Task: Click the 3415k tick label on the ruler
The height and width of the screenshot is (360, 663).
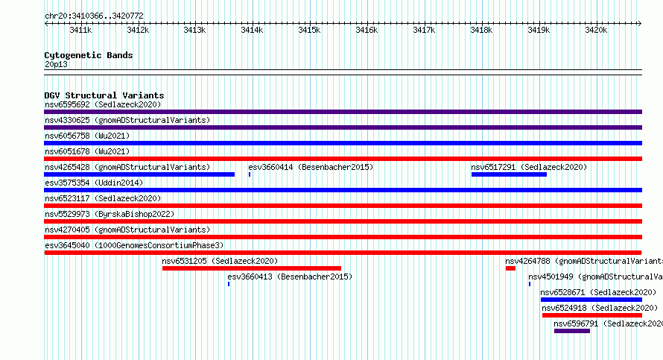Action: coord(309,30)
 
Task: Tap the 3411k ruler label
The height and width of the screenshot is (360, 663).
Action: coord(80,30)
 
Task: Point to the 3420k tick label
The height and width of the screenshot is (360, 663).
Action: coord(596,30)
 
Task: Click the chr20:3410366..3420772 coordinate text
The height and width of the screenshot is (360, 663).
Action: coord(94,16)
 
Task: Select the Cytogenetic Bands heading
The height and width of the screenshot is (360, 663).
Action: coord(89,55)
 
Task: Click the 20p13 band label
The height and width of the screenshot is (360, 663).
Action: coord(56,64)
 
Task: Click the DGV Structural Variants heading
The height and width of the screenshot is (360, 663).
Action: coord(104,95)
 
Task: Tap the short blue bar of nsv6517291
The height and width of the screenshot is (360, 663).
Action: coord(509,174)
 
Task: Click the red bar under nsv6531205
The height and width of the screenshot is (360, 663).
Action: coord(252,268)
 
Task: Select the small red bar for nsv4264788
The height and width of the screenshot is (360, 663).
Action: coord(510,268)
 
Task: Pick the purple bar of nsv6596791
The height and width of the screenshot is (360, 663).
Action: coord(572,331)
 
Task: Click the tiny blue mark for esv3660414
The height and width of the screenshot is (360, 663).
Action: coord(250,174)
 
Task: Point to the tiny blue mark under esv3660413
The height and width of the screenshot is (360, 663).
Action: coord(229,284)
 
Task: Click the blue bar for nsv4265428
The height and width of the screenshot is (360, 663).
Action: coord(139,174)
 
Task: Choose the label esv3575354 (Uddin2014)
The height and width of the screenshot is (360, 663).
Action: coord(94,183)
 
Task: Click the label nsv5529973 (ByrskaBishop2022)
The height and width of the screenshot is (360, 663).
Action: coord(110,214)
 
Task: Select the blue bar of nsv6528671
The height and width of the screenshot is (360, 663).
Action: coord(591,300)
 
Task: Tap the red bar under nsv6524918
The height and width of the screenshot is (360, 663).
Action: coord(592,315)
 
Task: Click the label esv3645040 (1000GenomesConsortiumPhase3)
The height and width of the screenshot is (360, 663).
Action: coord(134,245)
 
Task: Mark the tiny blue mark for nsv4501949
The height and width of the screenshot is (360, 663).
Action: coord(530,284)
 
